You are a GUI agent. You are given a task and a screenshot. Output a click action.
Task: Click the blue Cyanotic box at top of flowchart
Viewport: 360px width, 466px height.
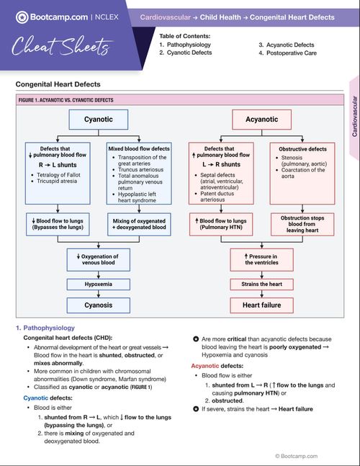98,119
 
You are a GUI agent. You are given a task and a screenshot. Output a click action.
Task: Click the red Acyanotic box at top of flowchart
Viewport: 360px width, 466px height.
261,119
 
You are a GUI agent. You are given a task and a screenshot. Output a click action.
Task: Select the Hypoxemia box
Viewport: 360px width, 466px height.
98,284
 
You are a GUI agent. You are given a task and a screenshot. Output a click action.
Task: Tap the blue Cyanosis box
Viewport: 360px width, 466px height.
98,305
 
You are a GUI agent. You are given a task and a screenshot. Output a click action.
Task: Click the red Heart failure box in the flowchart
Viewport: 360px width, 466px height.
261,305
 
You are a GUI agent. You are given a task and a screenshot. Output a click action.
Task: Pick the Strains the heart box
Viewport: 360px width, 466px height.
261,284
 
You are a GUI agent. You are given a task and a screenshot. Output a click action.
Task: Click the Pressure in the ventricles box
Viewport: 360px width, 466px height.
261,259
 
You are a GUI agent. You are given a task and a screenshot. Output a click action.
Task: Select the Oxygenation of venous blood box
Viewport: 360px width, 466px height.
98,259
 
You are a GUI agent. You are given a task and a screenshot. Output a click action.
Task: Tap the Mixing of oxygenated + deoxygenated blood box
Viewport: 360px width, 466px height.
139,223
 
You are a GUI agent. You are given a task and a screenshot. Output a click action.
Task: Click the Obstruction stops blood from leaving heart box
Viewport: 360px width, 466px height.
303,225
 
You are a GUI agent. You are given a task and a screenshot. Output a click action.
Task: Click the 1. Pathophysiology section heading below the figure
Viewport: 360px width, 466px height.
45,328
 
